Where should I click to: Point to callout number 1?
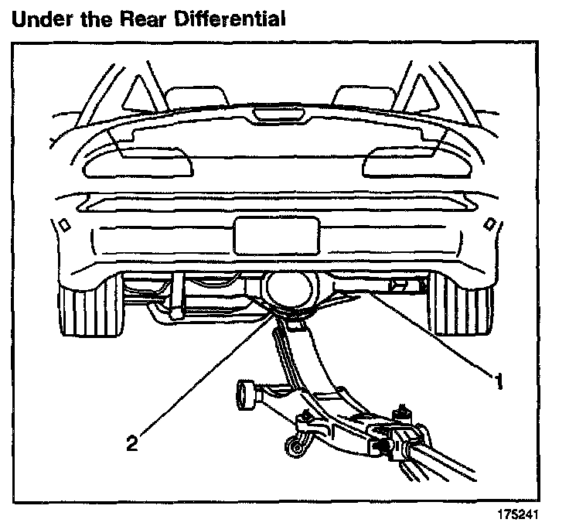(x=500, y=381)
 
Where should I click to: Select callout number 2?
(x=132, y=443)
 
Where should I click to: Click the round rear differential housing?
(x=291, y=289)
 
